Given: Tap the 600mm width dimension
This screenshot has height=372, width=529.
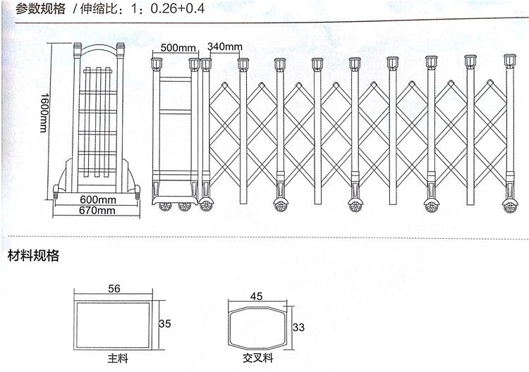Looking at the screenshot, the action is [98, 200].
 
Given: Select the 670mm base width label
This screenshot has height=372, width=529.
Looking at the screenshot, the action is [97, 211].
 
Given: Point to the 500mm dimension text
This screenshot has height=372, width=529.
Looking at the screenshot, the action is [178, 47].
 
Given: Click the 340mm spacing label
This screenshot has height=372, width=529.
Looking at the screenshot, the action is [225, 46].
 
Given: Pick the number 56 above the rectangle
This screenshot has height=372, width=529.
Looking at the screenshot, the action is [114, 289].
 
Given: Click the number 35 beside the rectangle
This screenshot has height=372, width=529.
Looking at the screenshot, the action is [165, 324].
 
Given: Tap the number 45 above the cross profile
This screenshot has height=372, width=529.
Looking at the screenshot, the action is [257, 297].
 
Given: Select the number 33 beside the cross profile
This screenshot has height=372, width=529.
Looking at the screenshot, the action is [298, 327].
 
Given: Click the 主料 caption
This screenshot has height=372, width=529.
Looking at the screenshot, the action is [118, 358].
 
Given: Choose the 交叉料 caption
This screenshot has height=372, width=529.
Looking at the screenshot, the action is [257, 358].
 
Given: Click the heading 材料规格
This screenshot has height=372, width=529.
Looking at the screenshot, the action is [33, 256].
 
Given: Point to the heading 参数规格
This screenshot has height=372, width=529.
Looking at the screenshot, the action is [40, 8].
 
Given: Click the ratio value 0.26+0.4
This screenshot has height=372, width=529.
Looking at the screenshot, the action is [178, 8].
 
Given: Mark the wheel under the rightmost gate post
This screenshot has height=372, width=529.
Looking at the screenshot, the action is [510, 206].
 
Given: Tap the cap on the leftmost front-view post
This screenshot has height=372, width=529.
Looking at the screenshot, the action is [156, 64].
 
